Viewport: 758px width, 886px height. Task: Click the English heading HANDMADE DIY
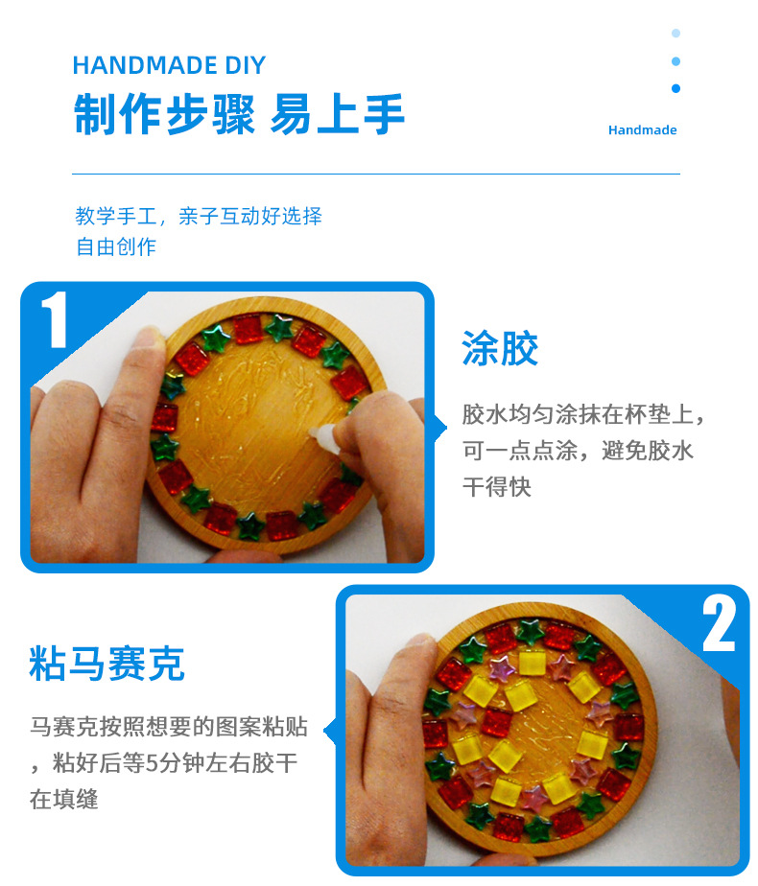coord(169,65)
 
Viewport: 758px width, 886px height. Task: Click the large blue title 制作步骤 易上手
coord(239,114)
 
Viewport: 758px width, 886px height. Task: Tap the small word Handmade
coord(642,130)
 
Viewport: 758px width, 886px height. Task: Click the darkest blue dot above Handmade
coord(675,89)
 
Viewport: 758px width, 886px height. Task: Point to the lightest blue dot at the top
coord(675,34)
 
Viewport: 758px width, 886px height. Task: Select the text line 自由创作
coord(116,246)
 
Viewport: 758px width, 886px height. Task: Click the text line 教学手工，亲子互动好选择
coord(199,216)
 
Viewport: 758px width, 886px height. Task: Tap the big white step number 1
coord(55,320)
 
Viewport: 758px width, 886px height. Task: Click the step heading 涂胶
coord(500,348)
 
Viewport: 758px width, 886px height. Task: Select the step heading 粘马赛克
coord(107,664)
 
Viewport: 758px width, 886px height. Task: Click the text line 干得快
coord(497,487)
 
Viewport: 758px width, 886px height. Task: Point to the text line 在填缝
coord(64,800)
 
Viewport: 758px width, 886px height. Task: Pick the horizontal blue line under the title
coord(376,175)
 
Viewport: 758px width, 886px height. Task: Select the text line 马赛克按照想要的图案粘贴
coord(169,727)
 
